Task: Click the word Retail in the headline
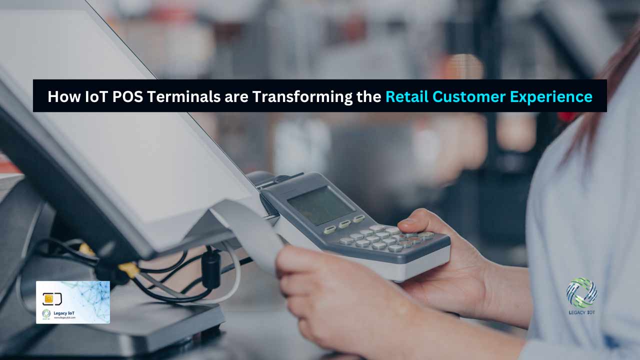[406, 96]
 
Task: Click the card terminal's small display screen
[320, 204]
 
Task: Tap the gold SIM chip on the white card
[49, 299]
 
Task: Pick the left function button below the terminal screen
[329, 229]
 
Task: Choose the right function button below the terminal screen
[358, 218]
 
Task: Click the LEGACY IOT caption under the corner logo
[581, 312]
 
